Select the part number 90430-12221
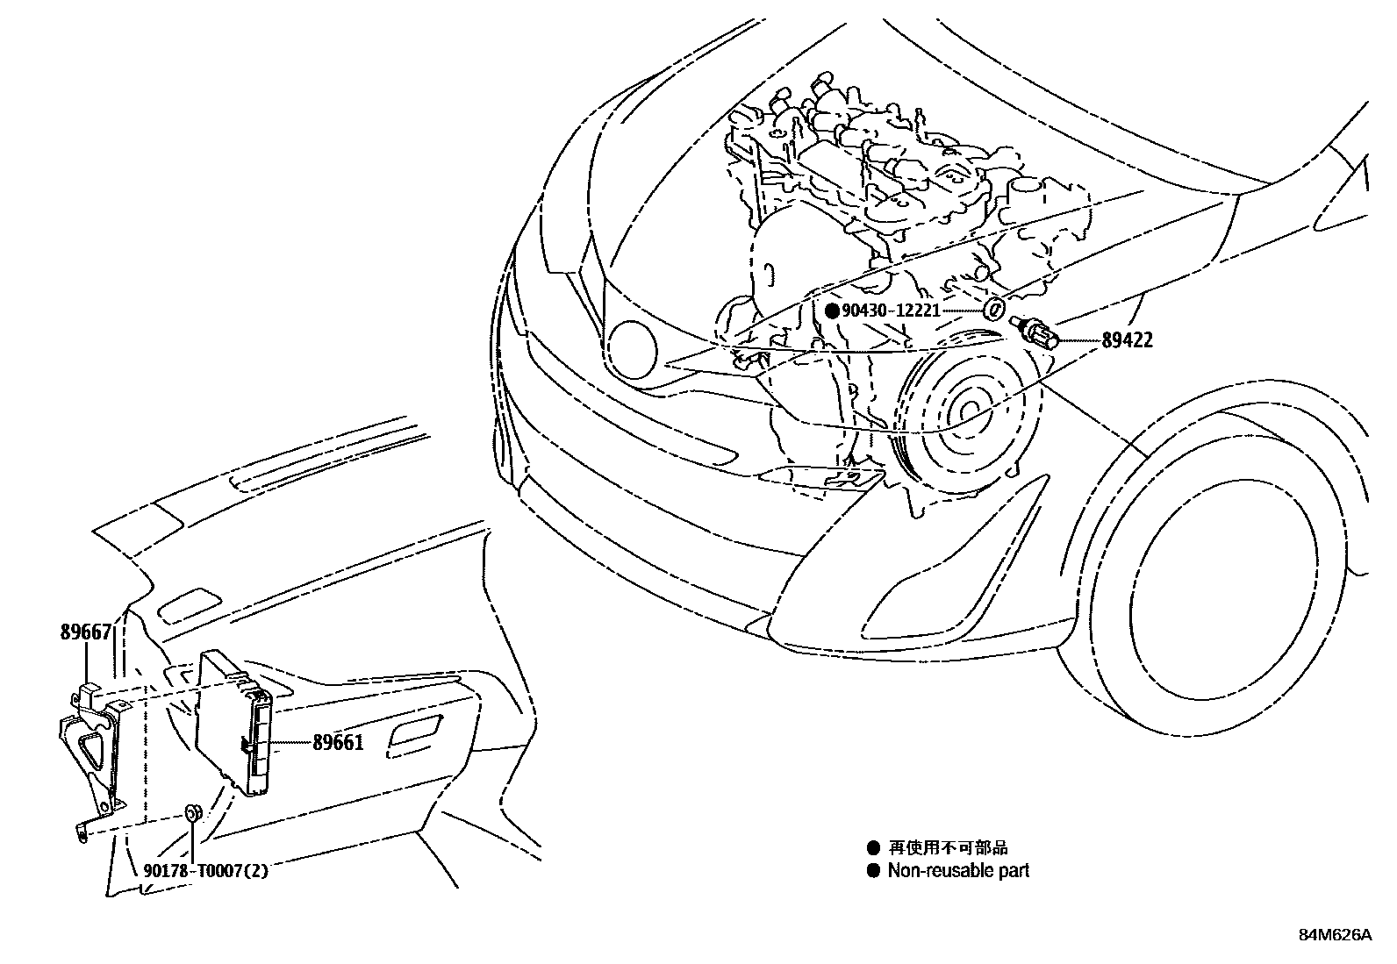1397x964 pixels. tap(891, 311)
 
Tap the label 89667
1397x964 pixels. tap(86, 632)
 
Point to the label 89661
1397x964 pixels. tap(338, 743)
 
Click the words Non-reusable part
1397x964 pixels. tap(958, 871)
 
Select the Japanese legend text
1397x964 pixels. tap(948, 847)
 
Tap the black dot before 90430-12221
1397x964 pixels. tap(832, 311)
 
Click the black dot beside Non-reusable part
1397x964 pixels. tap(873, 871)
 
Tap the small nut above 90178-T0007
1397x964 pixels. tap(191, 812)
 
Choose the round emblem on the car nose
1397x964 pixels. tap(633, 348)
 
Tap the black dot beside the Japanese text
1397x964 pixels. tap(873, 848)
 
